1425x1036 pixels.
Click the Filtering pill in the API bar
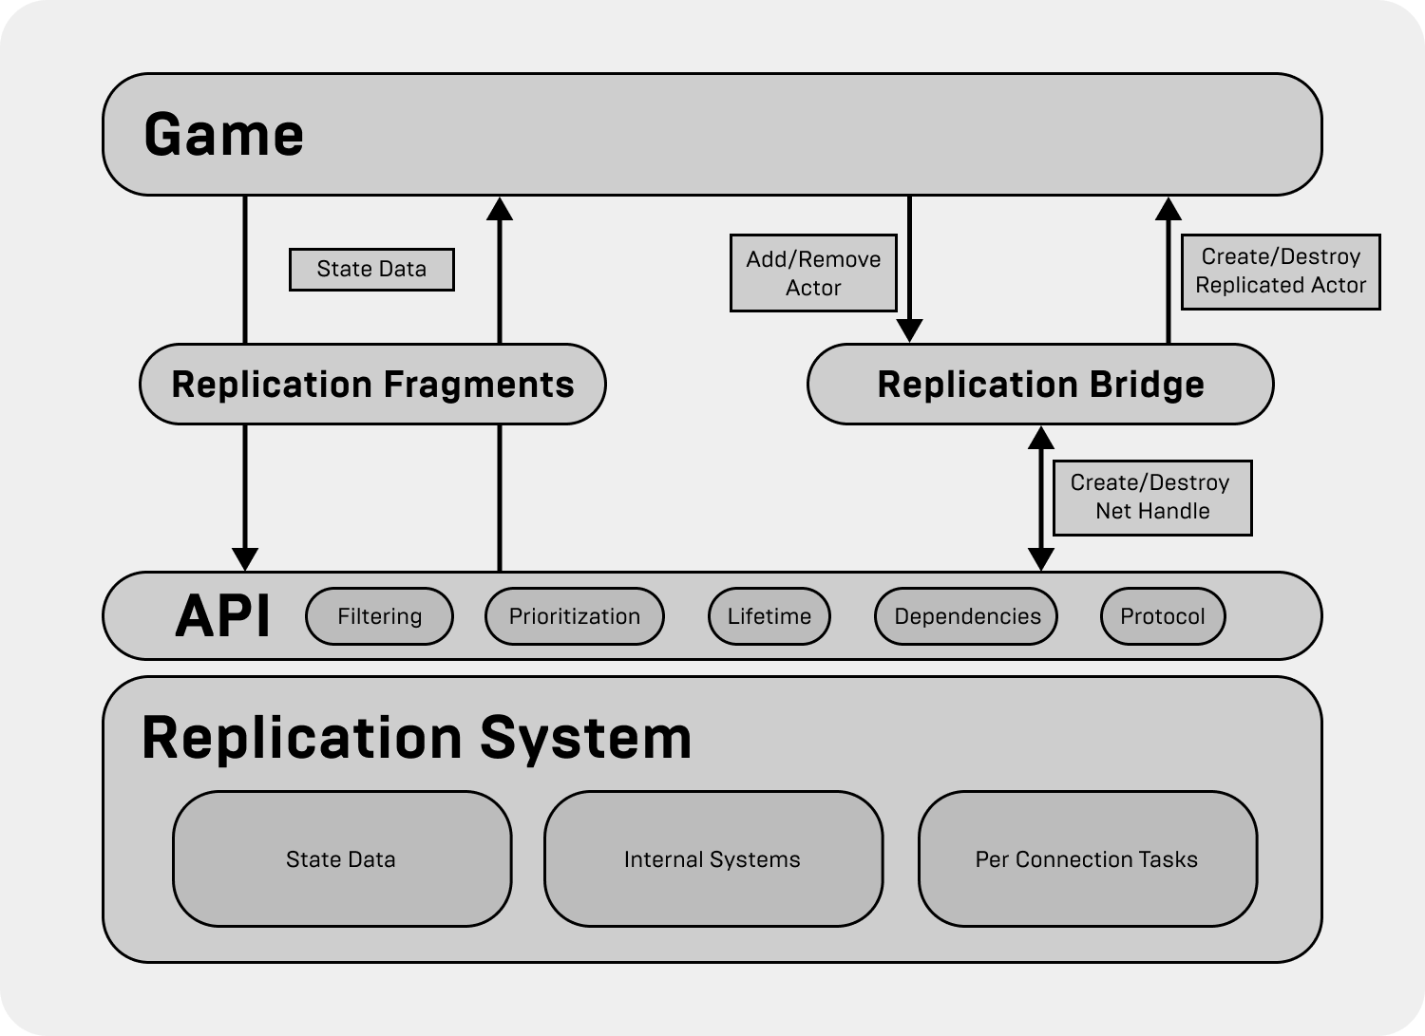(379, 616)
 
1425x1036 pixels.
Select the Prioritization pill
(574, 616)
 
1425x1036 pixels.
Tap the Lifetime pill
(769, 616)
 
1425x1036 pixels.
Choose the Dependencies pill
(966, 616)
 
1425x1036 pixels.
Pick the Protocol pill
(1162, 616)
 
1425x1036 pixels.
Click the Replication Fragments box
(372, 385)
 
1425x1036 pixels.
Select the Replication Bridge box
(1040, 385)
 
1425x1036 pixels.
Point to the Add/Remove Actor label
(813, 273)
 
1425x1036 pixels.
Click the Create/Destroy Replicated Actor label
(1280, 271)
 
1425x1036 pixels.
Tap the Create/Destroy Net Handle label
(1151, 498)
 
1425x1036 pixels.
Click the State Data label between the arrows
(371, 270)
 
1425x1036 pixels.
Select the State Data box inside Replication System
(341, 859)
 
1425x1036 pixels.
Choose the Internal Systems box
(712, 859)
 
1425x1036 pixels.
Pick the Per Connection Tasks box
(1087, 859)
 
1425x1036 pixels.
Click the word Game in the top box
(223, 134)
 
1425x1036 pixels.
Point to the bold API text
(222, 615)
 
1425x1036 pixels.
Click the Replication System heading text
(416, 738)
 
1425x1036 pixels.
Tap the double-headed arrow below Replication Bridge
(1041, 498)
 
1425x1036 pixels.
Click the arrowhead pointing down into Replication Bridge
(909, 330)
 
